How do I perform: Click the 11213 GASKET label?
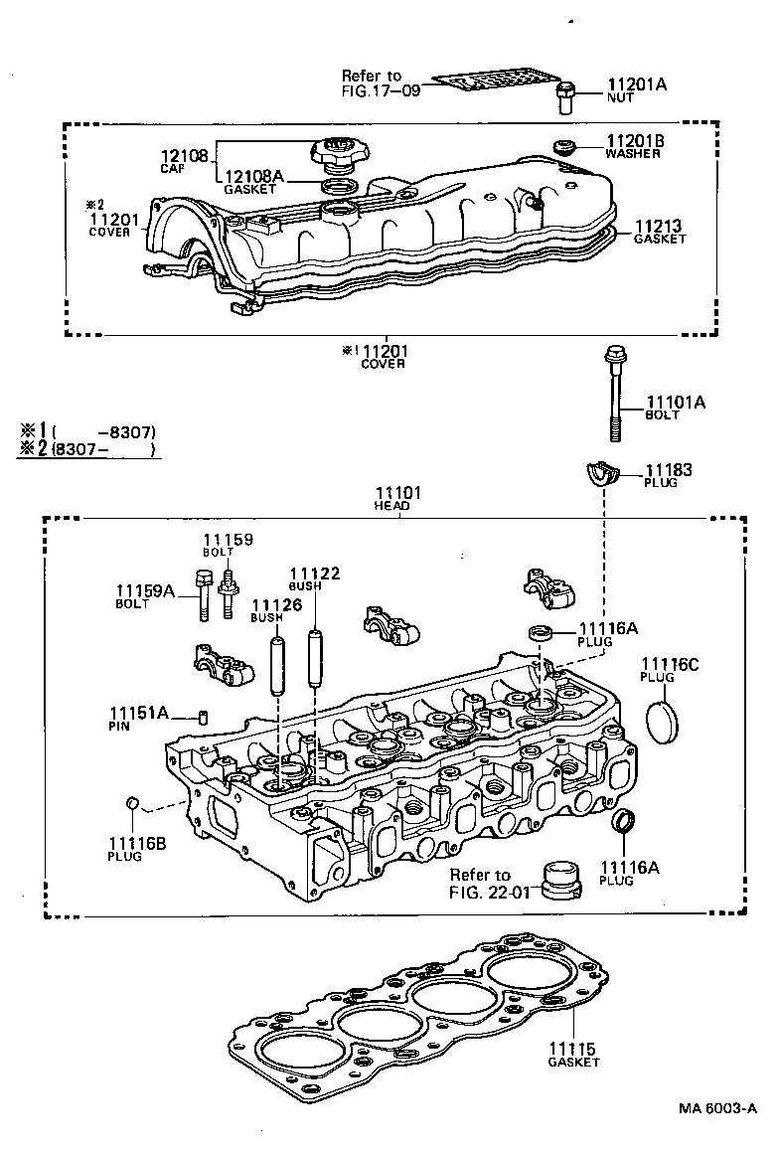(658, 228)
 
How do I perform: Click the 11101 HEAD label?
(397, 493)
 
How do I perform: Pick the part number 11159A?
(145, 591)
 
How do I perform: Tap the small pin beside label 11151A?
(204, 716)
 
